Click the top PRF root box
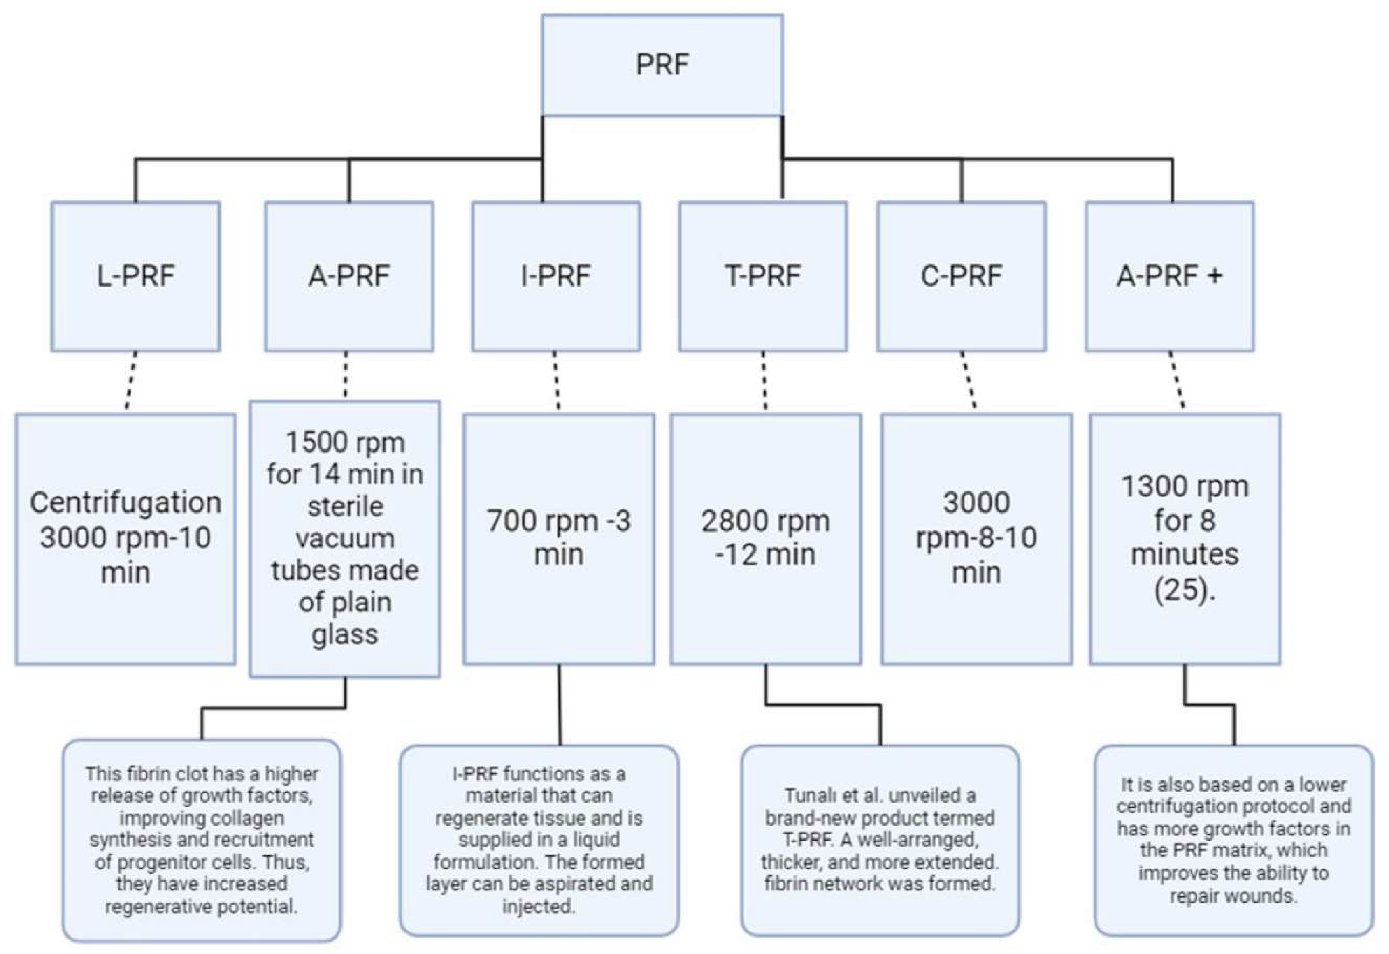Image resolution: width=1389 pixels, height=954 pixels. click(x=662, y=65)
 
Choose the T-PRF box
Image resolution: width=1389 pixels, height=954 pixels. click(x=762, y=276)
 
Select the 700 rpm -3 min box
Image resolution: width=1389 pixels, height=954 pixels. click(x=558, y=538)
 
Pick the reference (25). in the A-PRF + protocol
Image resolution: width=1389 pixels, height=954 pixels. click(x=1184, y=590)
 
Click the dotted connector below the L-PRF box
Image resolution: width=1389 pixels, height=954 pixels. click(x=131, y=381)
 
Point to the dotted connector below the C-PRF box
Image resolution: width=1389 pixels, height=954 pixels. click(x=968, y=381)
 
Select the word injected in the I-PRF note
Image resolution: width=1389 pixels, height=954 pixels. click(x=539, y=907)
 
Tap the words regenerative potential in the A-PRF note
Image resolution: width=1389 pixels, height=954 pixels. click(x=202, y=907)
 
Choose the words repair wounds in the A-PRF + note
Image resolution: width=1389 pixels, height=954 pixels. click(x=1233, y=896)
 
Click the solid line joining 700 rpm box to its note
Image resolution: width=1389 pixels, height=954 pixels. click(x=560, y=705)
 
